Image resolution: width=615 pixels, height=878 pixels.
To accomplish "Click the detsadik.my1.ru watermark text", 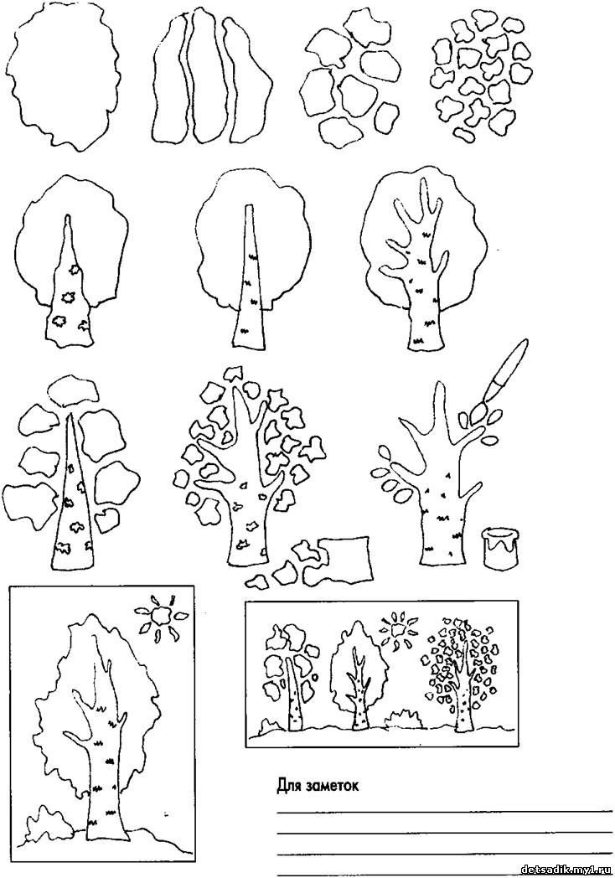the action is click(x=566, y=870).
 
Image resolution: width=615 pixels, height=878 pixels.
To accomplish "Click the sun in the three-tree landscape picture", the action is click(x=399, y=631).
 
